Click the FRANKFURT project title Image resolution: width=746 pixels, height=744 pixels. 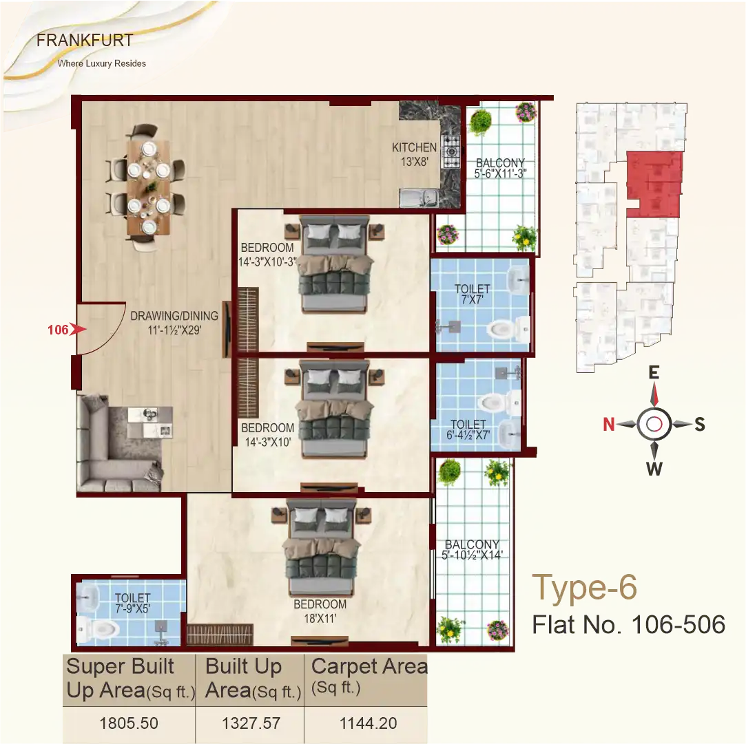coord(85,40)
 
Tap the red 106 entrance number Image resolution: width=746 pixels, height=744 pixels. coord(58,330)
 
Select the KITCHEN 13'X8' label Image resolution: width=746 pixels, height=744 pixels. coord(414,153)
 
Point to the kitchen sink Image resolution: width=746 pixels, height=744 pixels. coord(419,198)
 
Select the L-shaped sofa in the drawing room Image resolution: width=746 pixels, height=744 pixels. coord(110,444)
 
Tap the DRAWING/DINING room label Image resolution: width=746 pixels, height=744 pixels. coord(174,322)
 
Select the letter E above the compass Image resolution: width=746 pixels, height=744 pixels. coord(654,373)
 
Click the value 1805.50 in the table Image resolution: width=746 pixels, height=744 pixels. coord(129,723)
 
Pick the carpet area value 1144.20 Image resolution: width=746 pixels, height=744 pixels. coord(368,723)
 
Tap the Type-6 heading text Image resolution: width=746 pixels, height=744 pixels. coord(585,588)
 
